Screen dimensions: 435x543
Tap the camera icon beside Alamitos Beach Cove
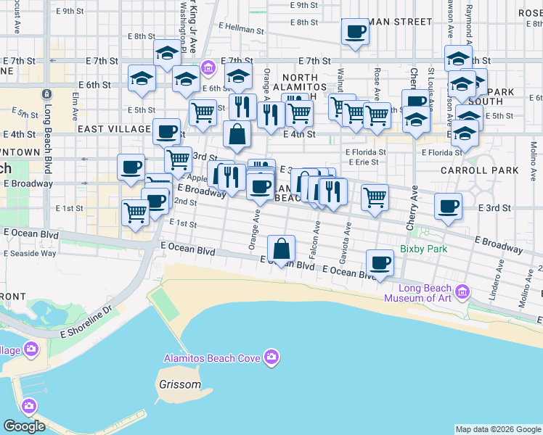pos(271,357)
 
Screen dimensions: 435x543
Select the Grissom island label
pos(179,385)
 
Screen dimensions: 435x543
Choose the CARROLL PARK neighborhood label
pos(480,170)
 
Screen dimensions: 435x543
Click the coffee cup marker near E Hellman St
pos(355,32)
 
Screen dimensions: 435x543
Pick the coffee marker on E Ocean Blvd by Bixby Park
pos(379,262)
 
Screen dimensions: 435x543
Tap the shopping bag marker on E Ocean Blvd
pos(281,249)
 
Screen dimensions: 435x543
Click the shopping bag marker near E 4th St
pos(237,133)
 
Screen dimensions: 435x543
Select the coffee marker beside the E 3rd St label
pos(448,206)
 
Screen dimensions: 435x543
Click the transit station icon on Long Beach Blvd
pos(46,94)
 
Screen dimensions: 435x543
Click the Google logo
pos(24,426)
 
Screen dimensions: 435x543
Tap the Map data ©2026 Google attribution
pos(498,429)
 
